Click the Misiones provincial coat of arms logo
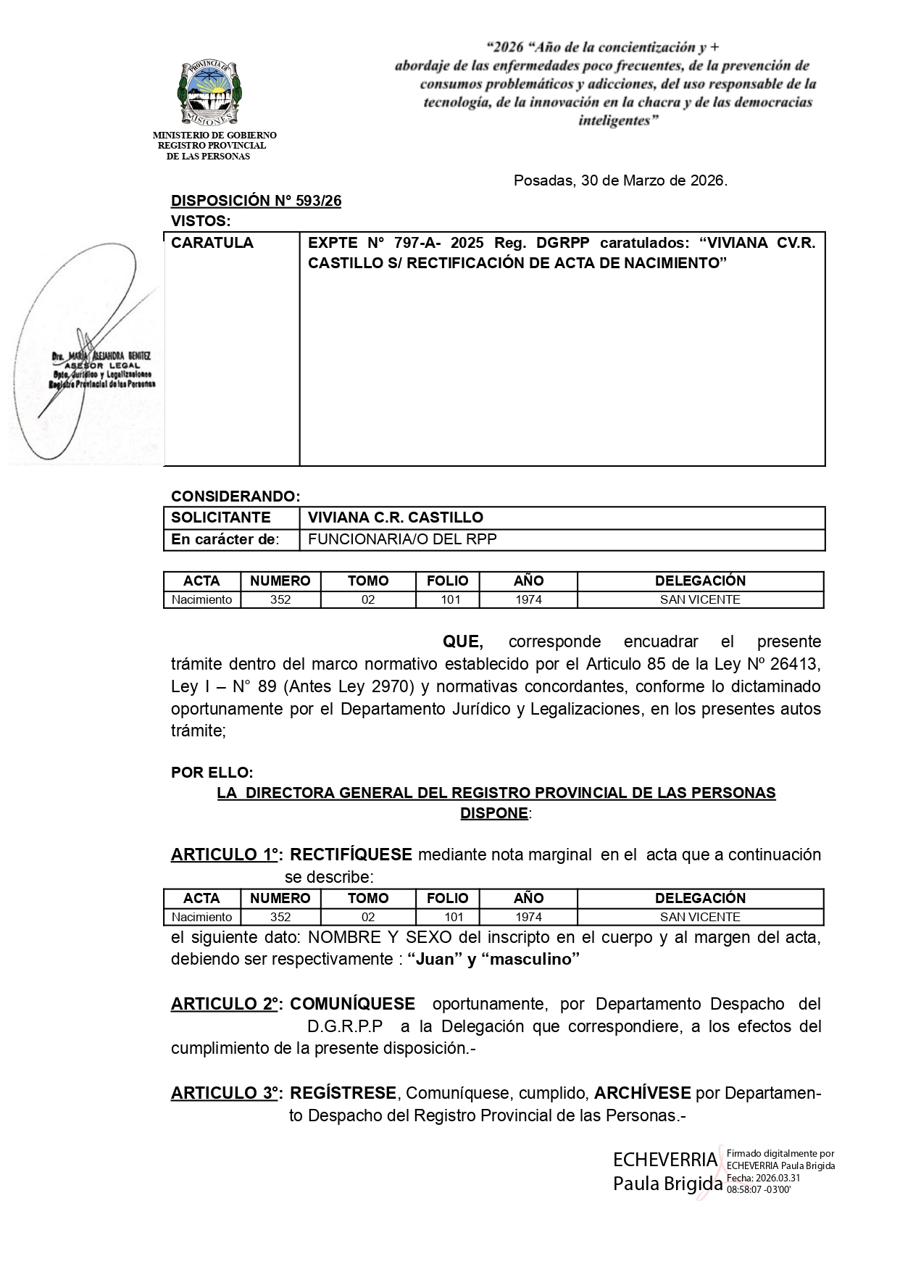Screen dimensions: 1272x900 coord(209,93)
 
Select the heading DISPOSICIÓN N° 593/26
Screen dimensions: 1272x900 coord(256,201)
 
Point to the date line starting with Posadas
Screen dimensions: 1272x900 coord(620,180)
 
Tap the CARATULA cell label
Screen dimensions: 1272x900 coord(212,243)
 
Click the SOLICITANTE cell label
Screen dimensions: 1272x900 coord(220,517)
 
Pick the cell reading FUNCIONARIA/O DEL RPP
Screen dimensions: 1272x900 coord(402,539)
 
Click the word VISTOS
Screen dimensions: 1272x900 coord(199,221)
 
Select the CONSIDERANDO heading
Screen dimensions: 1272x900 coord(235,496)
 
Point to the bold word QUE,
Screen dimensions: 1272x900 coord(463,641)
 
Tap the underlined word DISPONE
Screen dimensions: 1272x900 coord(493,813)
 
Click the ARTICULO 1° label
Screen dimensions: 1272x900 coord(225,855)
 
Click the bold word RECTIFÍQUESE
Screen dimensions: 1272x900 coord(351,855)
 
